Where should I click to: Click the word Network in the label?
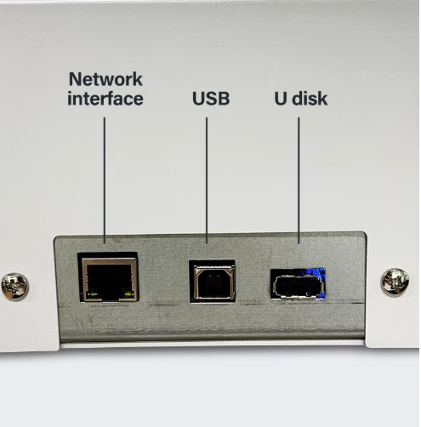tap(105, 79)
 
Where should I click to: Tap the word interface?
tap(105, 99)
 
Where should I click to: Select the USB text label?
tap(211, 99)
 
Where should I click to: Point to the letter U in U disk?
tap(281, 99)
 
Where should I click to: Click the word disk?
tap(310, 99)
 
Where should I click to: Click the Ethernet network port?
tap(108, 278)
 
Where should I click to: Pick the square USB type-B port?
tap(213, 282)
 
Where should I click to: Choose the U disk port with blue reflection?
tap(298, 284)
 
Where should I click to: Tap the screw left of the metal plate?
tap(15, 287)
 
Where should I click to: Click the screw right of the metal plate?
tap(395, 282)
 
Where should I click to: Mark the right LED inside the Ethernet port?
tap(128, 294)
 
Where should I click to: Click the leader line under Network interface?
tap(105, 180)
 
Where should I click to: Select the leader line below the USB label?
tap(207, 180)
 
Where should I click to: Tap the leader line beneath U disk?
tap(299, 180)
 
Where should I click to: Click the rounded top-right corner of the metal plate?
tap(363, 235)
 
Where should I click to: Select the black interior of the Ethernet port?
tap(109, 279)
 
